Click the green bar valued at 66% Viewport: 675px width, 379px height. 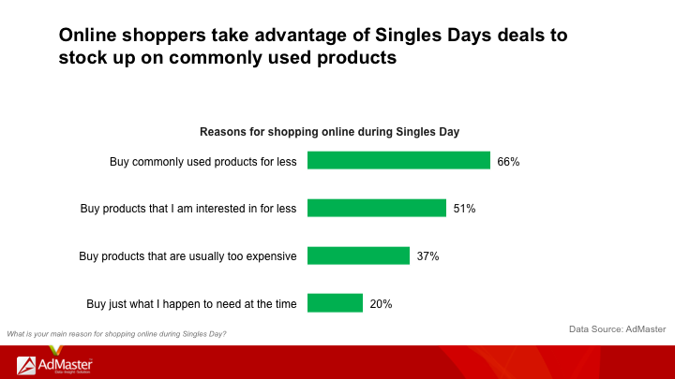pos(398,160)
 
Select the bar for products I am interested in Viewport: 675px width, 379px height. pos(377,208)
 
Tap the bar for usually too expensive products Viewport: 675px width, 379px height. pos(358,255)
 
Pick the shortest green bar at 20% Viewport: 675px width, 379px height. pos(335,303)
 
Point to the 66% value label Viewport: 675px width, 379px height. pos(508,162)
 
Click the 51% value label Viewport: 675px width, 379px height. pos(464,209)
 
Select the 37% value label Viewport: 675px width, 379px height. pos(427,256)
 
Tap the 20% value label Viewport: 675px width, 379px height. pos(381,304)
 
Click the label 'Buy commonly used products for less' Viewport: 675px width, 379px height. pos(203,162)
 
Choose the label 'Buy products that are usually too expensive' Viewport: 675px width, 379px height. pos(187,256)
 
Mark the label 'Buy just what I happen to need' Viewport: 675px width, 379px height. pos(191,304)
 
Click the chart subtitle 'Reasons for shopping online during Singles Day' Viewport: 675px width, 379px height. pos(329,132)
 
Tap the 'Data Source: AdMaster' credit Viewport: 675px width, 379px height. pos(617,329)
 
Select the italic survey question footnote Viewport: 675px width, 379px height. pos(116,334)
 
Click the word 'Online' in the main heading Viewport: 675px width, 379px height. pos(87,36)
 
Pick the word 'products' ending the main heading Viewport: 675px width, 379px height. pos(356,58)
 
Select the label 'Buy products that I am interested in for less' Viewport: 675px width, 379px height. pos(188,209)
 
